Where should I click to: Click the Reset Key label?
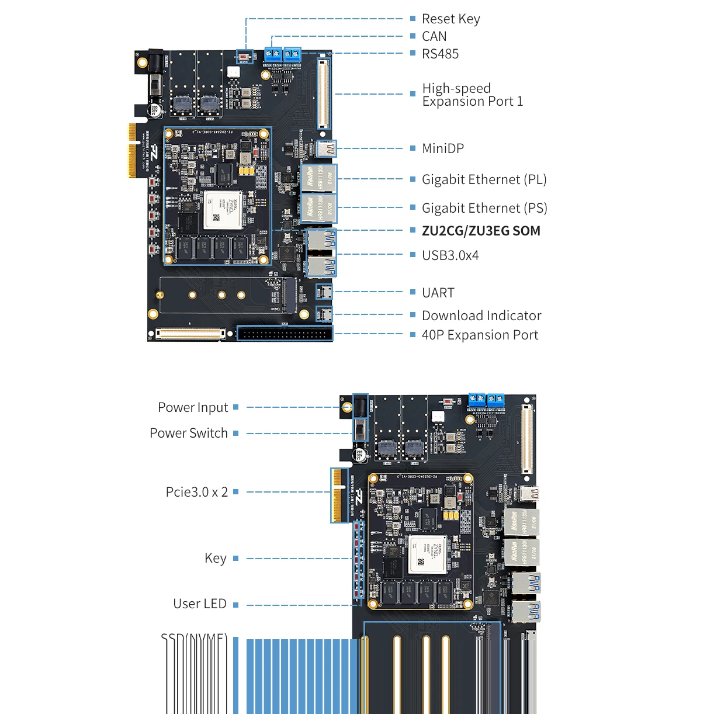click(450, 19)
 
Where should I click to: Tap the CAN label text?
click(434, 37)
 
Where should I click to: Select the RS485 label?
click(440, 54)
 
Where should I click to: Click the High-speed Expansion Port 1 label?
click(472, 95)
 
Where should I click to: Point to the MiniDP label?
click(443, 148)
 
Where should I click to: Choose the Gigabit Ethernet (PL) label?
click(484, 179)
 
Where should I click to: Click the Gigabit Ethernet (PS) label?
click(484, 208)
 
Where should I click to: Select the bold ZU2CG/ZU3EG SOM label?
click(481, 231)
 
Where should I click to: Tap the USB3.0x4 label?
click(450, 255)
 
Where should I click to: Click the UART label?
click(438, 293)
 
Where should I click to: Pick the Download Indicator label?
click(481, 316)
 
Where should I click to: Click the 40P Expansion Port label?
click(480, 335)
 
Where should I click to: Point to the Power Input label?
click(193, 407)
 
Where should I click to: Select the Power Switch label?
click(189, 433)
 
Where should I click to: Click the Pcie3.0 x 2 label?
click(197, 492)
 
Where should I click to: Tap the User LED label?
click(200, 604)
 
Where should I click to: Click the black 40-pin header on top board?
click(285, 334)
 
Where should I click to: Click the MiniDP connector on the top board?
click(327, 148)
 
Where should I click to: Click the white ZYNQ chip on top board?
click(222, 210)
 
